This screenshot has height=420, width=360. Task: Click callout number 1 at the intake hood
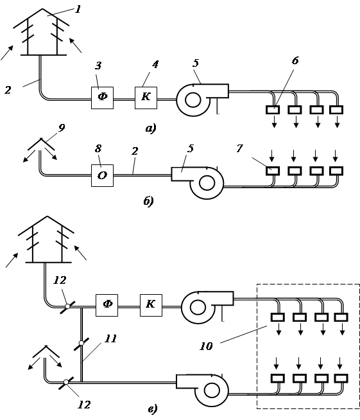point(78,10)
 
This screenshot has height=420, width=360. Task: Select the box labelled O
point(102,175)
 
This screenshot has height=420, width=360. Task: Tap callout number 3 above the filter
point(98,66)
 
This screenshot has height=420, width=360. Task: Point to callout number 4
point(155,65)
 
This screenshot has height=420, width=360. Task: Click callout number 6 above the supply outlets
point(295,61)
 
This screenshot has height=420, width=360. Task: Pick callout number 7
point(239,148)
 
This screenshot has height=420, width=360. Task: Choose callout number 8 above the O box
point(98,148)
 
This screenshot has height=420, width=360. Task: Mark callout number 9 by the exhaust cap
point(62,128)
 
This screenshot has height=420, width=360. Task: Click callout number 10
point(206,346)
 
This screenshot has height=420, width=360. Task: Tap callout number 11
point(110,339)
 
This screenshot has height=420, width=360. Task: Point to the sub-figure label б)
point(148,201)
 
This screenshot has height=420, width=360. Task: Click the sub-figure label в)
point(153,409)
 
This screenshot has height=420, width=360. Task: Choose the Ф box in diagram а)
point(102,98)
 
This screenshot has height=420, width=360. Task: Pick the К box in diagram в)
point(151,305)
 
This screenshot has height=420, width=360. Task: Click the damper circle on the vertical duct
point(81,343)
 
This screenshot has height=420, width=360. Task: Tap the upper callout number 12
point(60,281)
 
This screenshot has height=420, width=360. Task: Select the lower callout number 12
point(84,405)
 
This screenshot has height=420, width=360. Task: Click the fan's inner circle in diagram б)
point(207,183)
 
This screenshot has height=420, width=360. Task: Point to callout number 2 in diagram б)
point(135,152)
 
